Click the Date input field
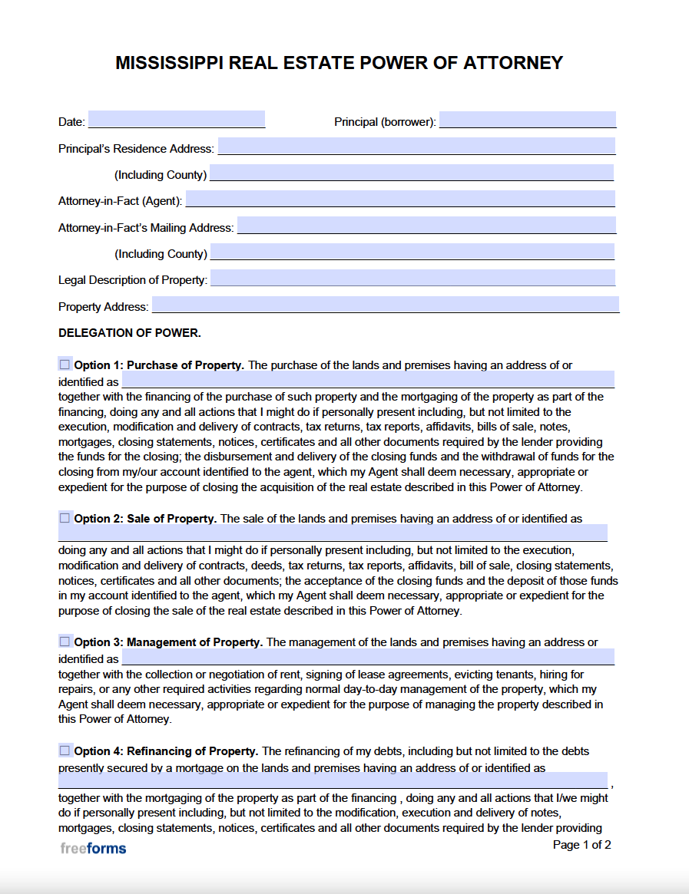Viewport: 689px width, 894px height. (177, 120)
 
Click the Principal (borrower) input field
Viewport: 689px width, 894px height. (527, 120)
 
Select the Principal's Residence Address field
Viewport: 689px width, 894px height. (416, 146)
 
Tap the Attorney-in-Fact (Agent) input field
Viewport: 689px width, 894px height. (400, 199)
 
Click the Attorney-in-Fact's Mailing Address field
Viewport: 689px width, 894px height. (426, 226)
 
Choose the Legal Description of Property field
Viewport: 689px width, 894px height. (412, 278)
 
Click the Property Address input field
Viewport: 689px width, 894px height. (385, 305)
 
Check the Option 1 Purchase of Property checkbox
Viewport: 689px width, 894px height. (65, 364)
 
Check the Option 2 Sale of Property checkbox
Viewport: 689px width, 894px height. (65, 518)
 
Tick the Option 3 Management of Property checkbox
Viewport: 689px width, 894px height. (65, 641)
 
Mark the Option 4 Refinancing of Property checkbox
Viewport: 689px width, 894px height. (65, 750)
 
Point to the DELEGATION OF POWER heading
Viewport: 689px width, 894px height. (129, 333)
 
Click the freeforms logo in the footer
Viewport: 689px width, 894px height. (93, 848)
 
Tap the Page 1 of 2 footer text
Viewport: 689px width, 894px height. (581, 845)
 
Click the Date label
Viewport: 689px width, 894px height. (71, 122)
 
